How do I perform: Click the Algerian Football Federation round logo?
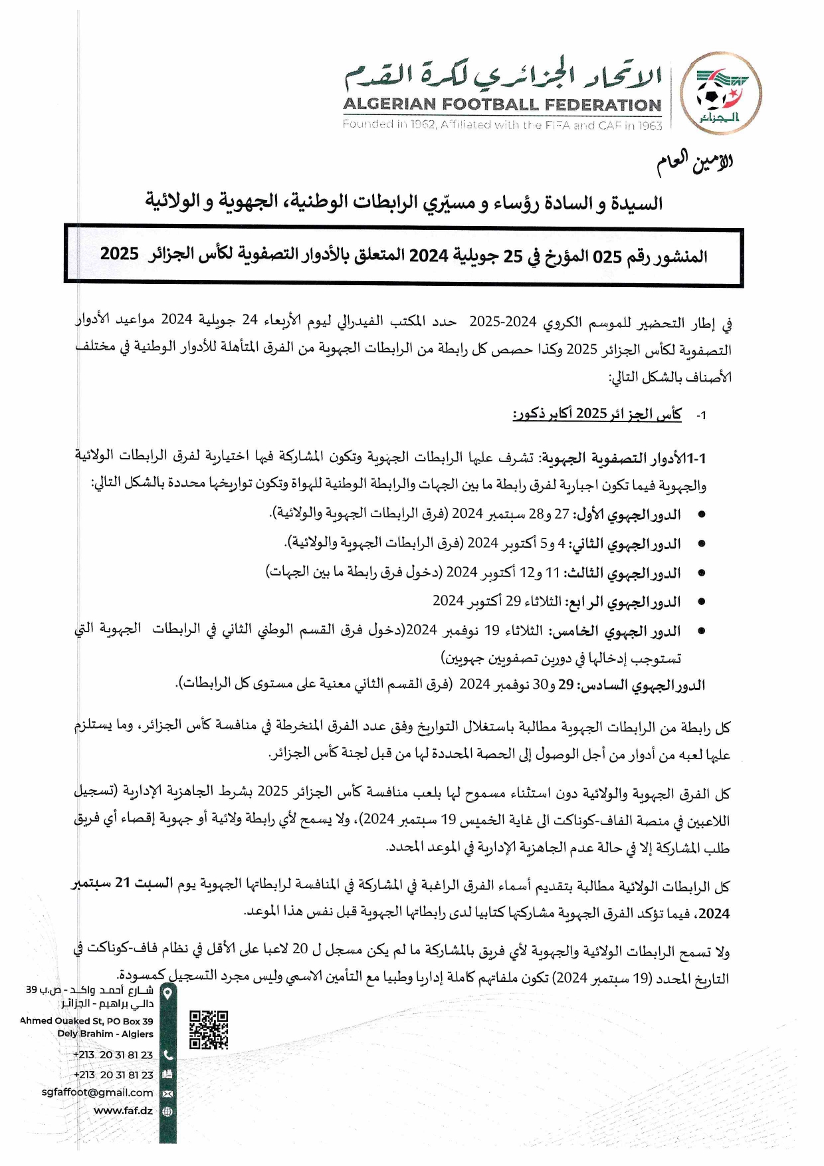pyautogui.click(x=721, y=94)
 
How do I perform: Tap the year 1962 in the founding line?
pyautogui.click(x=422, y=124)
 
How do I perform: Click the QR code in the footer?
pyautogui.click(x=209, y=1030)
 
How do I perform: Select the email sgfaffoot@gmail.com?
pyautogui.click(x=97, y=1092)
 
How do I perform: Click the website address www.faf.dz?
pyautogui.click(x=123, y=1110)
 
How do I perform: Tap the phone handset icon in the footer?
pyautogui.click(x=167, y=1054)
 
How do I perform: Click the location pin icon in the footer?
pyautogui.click(x=167, y=993)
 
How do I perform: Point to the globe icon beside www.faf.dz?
pyautogui.click(x=167, y=1111)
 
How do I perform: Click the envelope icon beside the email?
pyautogui.click(x=167, y=1093)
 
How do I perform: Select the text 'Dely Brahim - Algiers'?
pyautogui.click(x=105, y=1034)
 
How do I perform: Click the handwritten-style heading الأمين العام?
pyautogui.click(x=695, y=163)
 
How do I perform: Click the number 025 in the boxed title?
pyautogui.click(x=606, y=257)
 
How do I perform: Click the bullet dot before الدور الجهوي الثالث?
pyautogui.click(x=701, y=573)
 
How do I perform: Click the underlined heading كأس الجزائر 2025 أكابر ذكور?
pyautogui.click(x=597, y=414)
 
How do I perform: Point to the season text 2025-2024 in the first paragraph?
pyautogui.click(x=502, y=322)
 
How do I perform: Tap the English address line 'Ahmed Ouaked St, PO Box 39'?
pyautogui.click(x=86, y=1021)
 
